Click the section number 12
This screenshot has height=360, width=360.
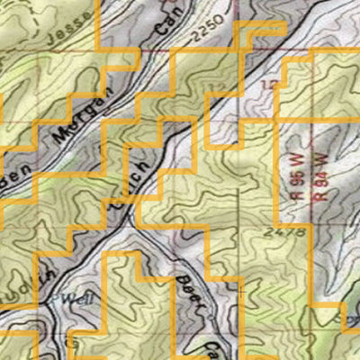pos(266,84)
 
